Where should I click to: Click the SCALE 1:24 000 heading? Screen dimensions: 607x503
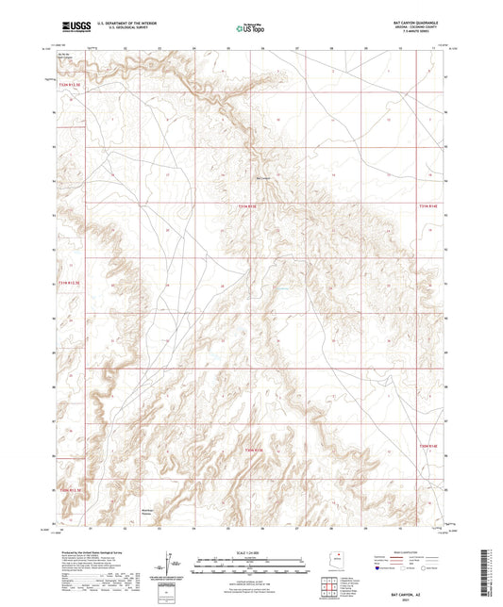pyautogui.click(x=251, y=550)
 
